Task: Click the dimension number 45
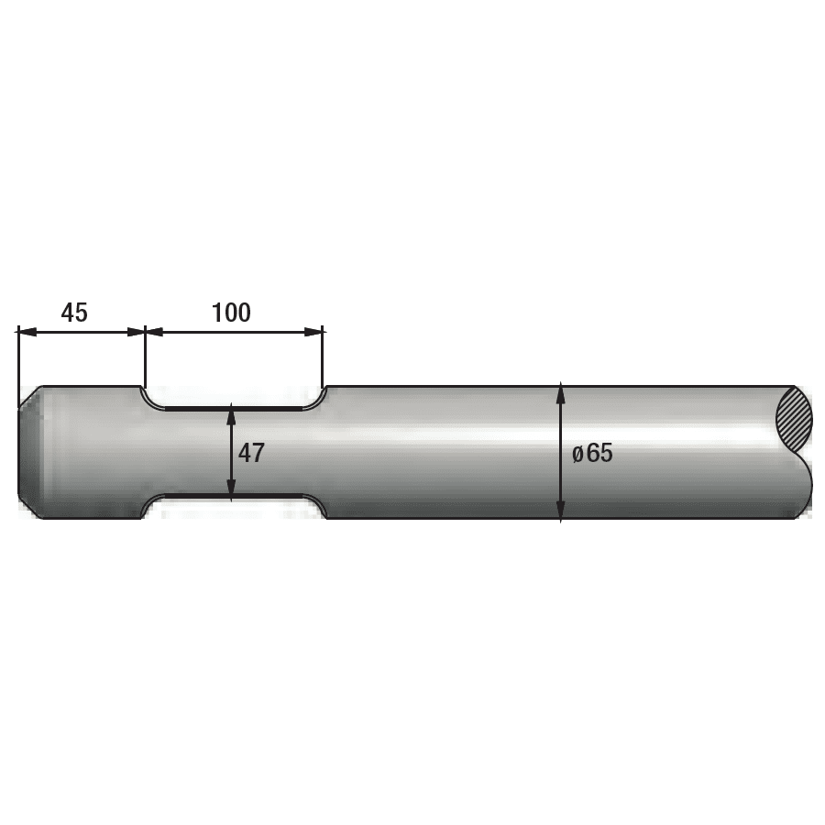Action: [74, 313]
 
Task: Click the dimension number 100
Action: [231, 313]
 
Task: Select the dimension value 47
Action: [251, 453]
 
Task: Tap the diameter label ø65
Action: [592, 453]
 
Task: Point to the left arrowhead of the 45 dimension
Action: [27, 332]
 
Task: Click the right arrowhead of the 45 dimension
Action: [136, 332]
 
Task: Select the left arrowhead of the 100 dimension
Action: [155, 332]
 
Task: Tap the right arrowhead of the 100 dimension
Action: [313, 332]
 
